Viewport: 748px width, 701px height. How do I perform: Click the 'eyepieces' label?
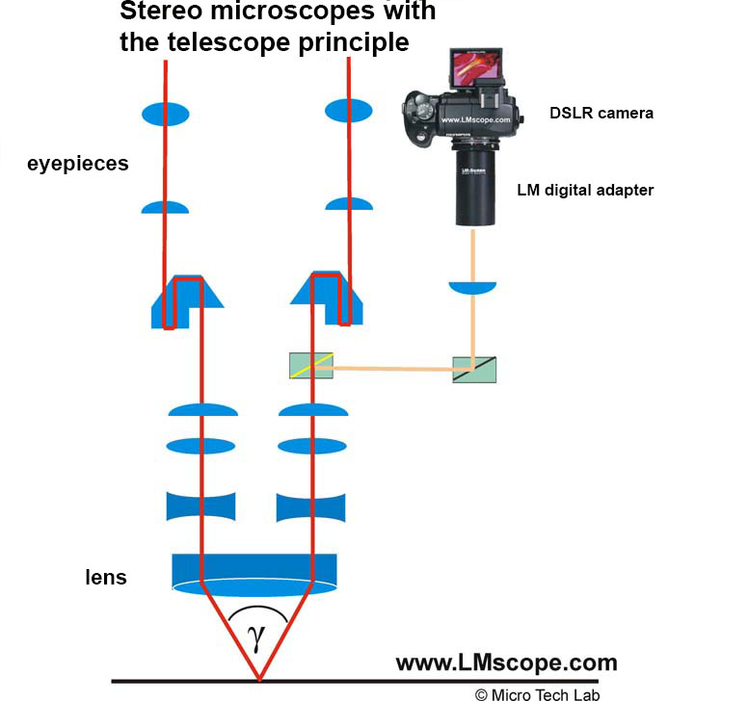click(x=77, y=164)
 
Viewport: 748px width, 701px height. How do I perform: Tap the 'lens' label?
click(x=105, y=578)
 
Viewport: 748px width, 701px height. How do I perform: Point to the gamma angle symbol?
click(x=257, y=638)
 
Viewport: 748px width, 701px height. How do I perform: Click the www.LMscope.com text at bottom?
click(x=506, y=662)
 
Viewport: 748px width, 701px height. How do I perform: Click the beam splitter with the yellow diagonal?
click(x=311, y=366)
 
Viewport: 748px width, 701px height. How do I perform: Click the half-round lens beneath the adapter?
click(x=472, y=287)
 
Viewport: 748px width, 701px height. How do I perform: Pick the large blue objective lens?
click(x=254, y=572)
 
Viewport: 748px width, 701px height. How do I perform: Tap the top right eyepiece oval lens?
click(x=348, y=112)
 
